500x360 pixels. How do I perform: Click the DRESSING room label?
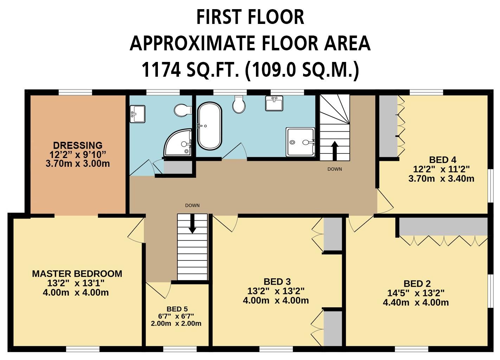click(x=78, y=145)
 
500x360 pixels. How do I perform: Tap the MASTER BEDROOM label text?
click(x=77, y=274)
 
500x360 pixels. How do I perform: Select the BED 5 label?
click(x=177, y=309)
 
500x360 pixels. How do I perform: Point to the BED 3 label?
click(x=277, y=282)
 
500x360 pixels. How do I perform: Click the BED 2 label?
click(x=417, y=284)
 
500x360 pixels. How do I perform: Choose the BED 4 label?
click(x=443, y=160)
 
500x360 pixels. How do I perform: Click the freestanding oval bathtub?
click(x=210, y=126)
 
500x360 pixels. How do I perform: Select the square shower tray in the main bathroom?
click(x=300, y=142)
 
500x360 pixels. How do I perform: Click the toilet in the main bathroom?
click(x=239, y=105)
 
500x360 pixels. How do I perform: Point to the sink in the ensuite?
click(x=137, y=114)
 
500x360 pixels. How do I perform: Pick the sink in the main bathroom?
click(x=274, y=103)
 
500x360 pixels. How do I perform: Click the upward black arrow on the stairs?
click(x=334, y=151)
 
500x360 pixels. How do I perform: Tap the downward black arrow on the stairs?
click(x=192, y=224)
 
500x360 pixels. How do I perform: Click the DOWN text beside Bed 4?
click(x=335, y=169)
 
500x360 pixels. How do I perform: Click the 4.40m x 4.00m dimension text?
click(x=416, y=303)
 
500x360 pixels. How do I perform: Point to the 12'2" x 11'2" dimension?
click(x=442, y=169)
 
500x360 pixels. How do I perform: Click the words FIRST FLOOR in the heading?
click(x=250, y=17)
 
